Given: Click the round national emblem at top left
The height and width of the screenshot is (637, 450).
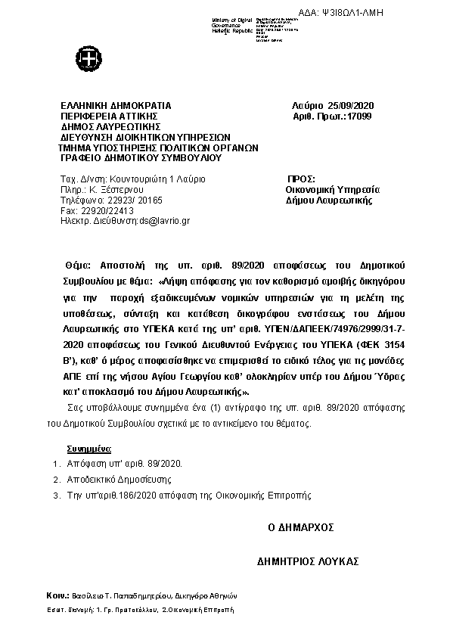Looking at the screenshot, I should tap(85, 58).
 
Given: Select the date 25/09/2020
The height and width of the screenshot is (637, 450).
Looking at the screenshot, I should tap(358, 105).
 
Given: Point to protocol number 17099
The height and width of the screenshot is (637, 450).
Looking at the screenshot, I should tap(359, 117).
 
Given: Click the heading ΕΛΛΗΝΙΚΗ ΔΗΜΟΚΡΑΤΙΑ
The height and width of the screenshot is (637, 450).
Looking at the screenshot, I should tap(116, 105).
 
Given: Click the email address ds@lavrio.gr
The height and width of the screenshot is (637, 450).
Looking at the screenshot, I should tap(164, 221).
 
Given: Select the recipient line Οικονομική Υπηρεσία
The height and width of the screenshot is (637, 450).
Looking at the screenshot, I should tap(333, 190).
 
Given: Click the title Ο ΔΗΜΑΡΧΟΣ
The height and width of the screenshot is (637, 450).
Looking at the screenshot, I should tap(301, 527).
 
